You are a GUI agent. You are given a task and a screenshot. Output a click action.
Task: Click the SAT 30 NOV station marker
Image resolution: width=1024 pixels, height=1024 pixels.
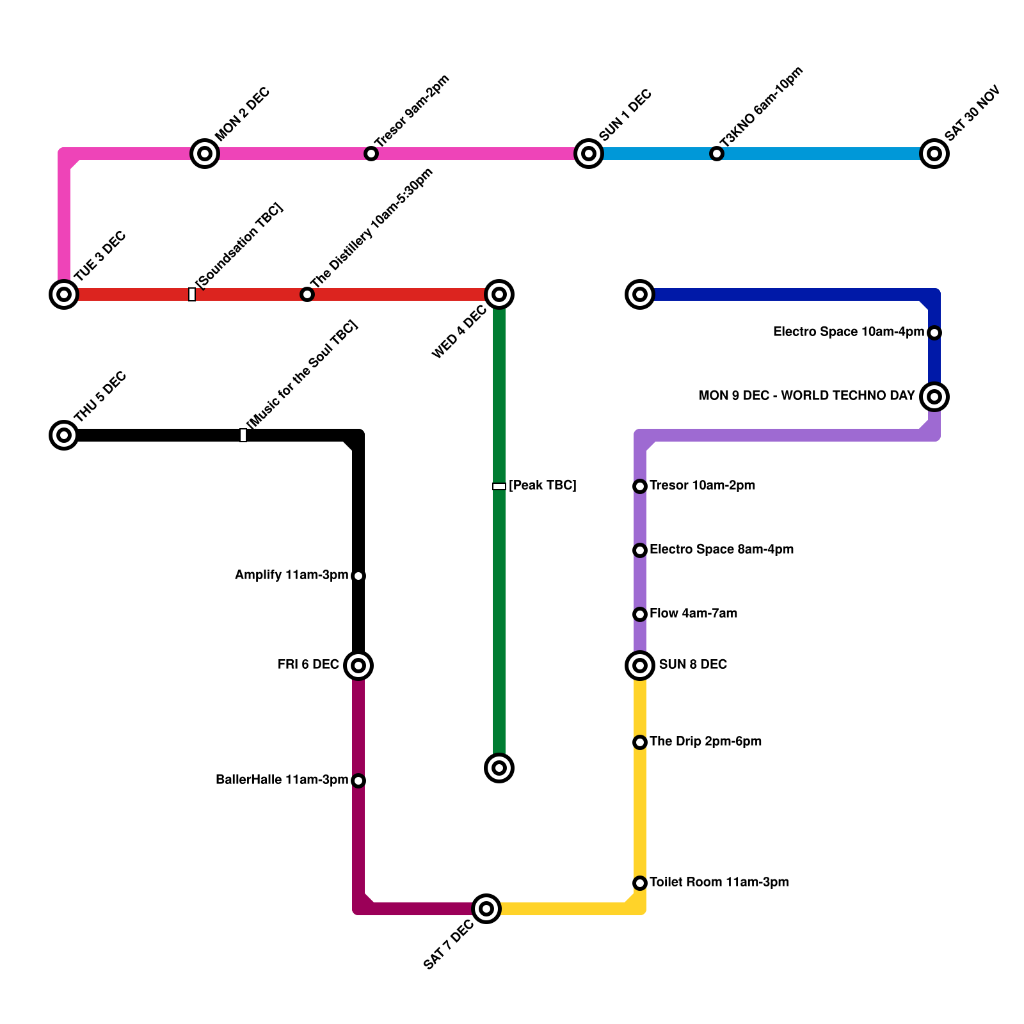coord(934,154)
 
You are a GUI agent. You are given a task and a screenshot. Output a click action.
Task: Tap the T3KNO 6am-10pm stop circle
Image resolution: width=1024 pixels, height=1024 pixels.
coord(717,154)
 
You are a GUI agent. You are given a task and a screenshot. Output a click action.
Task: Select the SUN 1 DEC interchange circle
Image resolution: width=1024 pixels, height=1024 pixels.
coord(589,154)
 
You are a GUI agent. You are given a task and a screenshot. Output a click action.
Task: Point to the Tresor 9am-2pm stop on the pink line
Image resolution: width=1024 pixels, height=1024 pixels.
coord(371,154)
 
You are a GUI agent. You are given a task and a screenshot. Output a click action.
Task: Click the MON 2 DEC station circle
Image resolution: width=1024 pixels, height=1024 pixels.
coord(205,154)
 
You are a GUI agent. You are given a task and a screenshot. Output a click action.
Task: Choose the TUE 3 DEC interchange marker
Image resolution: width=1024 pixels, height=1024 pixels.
coord(64,294)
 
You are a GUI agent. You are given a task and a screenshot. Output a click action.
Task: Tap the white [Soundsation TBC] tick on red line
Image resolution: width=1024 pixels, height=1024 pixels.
coord(192,294)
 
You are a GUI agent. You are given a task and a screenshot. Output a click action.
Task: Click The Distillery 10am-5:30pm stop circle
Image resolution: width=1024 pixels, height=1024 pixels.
coord(307,294)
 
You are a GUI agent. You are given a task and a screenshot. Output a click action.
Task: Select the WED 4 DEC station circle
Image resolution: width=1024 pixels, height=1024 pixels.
coord(499,294)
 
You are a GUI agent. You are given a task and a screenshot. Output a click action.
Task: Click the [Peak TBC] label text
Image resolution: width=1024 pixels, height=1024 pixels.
coord(542,486)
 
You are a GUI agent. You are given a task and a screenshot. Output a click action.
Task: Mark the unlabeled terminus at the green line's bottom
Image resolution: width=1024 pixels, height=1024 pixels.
coord(499,767)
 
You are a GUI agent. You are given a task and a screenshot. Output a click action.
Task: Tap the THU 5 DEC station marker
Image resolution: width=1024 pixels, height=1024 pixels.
coord(64,435)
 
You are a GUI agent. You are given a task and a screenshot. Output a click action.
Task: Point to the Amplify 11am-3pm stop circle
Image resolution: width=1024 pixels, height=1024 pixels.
coord(358,576)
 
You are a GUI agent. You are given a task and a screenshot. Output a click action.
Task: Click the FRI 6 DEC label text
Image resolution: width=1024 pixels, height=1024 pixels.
coord(308,665)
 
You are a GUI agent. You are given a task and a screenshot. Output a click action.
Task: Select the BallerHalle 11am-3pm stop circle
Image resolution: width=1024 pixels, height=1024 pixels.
coord(358,781)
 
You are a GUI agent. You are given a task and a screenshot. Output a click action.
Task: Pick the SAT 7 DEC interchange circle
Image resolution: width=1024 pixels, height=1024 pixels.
coord(486,909)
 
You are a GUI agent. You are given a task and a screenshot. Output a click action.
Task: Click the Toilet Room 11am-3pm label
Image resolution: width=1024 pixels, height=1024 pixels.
coord(719,883)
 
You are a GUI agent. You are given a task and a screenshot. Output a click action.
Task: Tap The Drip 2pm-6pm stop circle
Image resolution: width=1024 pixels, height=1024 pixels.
coord(640,742)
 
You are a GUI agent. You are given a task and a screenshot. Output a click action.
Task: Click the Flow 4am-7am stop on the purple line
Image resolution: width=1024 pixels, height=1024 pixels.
coord(640,614)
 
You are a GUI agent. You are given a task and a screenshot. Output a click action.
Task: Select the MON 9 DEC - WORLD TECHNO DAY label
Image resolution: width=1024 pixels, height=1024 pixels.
coord(806,396)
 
